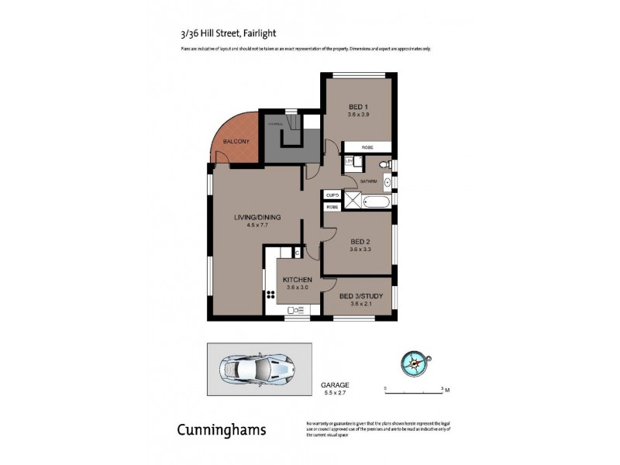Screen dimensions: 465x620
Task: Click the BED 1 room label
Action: point(357,106)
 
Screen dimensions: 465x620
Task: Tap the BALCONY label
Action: point(235,142)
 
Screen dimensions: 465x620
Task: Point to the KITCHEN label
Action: point(297,280)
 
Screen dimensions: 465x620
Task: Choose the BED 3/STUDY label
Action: point(359,295)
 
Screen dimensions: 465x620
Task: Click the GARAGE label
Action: point(335,384)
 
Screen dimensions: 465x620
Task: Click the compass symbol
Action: point(416,362)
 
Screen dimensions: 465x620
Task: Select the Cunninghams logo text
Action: point(222,429)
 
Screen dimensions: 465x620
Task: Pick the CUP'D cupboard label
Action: point(332,195)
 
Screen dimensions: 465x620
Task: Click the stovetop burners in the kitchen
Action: point(271,295)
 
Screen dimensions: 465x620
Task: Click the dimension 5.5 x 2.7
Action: point(335,394)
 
